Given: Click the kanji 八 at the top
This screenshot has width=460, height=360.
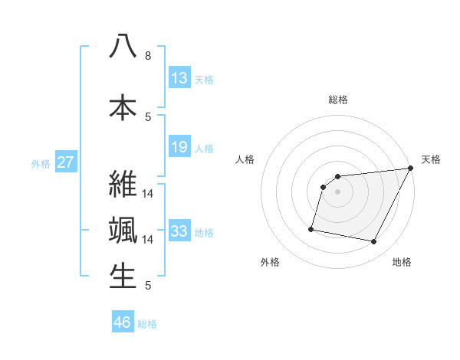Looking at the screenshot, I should pyautogui.click(x=123, y=47).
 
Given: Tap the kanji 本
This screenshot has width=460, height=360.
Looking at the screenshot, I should pyautogui.click(x=123, y=106).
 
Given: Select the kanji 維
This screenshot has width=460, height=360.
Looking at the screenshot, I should pyautogui.click(x=123, y=184).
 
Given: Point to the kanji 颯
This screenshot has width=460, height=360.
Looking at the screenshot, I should pyautogui.click(x=123, y=231).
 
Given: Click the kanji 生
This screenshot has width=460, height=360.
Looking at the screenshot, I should pyautogui.click(x=123, y=277).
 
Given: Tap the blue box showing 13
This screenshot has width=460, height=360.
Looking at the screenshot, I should pyautogui.click(x=179, y=78).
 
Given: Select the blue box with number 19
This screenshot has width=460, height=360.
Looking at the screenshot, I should pyautogui.click(x=179, y=148).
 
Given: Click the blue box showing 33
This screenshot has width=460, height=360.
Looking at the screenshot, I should pyautogui.click(x=179, y=231).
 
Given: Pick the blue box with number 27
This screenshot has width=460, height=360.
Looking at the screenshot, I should pyautogui.click(x=65, y=162).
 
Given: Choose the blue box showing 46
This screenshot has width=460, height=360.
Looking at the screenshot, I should pyautogui.click(x=123, y=322).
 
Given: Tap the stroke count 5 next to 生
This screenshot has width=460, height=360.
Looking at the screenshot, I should pyautogui.click(x=148, y=286).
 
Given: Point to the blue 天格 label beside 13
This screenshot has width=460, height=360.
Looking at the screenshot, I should pyautogui.click(x=204, y=79).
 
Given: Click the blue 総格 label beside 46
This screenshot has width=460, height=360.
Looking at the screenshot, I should pyautogui.click(x=147, y=324).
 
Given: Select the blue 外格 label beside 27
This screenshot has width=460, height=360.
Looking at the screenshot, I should pyautogui.click(x=41, y=163).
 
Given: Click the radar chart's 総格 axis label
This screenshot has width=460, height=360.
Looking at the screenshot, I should pyautogui.click(x=338, y=100).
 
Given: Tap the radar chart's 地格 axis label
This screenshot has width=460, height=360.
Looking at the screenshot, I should pyautogui.click(x=402, y=262).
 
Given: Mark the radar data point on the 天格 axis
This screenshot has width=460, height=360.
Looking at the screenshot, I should pyautogui.click(x=412, y=169).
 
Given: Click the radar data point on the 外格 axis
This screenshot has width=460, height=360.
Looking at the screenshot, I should pyautogui.click(x=311, y=229).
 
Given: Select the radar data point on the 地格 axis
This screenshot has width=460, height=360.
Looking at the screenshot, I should pyautogui.click(x=374, y=242).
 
